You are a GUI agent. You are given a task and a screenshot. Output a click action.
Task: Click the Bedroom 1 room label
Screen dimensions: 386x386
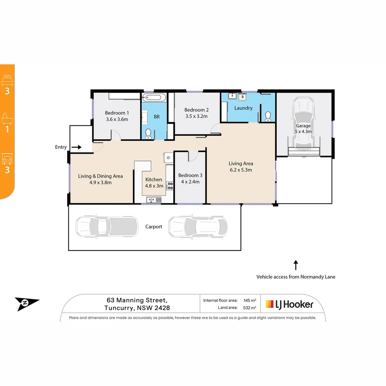117,113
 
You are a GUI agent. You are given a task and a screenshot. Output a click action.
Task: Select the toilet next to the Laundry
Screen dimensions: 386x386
268,116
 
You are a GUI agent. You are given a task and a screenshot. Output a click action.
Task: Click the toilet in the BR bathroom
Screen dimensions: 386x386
148,134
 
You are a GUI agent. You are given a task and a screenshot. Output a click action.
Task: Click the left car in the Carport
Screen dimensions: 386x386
107,226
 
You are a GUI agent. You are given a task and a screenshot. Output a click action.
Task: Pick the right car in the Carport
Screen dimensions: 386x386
198,227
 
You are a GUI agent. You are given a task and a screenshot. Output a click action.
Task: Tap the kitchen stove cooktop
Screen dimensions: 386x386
170,185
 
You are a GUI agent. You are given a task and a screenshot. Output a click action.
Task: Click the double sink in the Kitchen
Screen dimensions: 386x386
154,200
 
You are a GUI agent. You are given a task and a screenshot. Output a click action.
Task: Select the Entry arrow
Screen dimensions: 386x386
76,147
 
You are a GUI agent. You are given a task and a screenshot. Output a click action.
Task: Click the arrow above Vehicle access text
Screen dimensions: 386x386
296,265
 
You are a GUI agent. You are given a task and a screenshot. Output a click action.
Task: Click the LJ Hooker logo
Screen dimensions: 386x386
289,305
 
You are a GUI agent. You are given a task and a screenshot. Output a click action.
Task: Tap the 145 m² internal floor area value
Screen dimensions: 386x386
250,300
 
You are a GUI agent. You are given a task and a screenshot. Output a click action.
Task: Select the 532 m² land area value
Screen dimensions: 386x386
249,308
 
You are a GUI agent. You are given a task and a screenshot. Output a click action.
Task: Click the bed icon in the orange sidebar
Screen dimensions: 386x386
7,80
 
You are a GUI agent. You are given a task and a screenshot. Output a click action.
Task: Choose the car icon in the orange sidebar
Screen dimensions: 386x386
7,159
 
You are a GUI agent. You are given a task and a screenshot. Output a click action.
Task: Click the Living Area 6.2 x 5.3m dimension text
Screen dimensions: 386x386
241,170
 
